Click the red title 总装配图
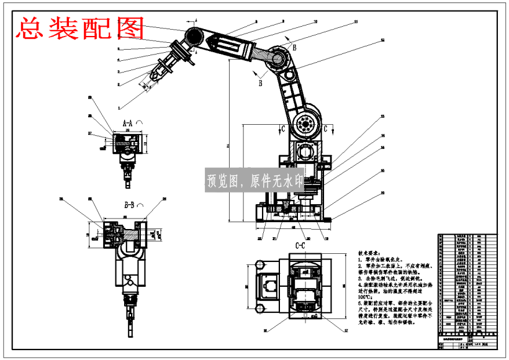pos(81,29)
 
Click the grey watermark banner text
pos(254,181)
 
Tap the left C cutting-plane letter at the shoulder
pos(283,129)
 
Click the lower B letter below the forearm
pos(261,81)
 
